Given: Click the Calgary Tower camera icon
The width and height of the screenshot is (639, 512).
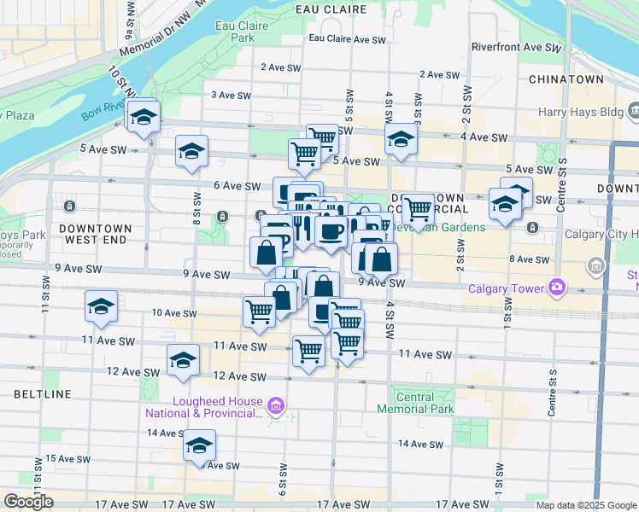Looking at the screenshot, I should pyautogui.click(x=558, y=288).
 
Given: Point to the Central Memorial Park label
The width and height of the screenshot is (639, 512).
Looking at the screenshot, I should pyautogui.click(x=417, y=402).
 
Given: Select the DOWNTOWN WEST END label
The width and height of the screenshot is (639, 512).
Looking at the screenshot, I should pyautogui.click(x=96, y=235).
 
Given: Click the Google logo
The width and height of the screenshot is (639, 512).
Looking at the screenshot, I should pyautogui.click(x=28, y=502).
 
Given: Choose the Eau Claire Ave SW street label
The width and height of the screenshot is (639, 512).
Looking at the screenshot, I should pyautogui.click(x=347, y=39).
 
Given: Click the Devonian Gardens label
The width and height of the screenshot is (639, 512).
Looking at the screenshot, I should pyautogui.click(x=452, y=227).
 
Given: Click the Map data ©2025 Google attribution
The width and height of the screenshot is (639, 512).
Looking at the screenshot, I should pyautogui.click(x=585, y=505).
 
